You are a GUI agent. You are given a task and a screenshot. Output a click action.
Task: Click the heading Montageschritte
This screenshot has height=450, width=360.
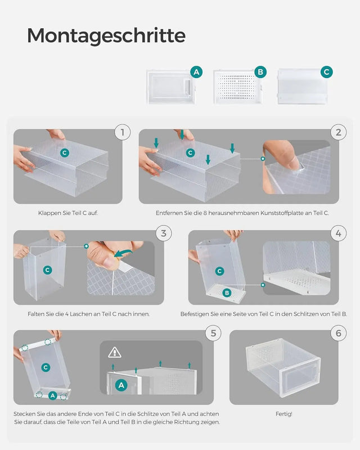tap(106, 35)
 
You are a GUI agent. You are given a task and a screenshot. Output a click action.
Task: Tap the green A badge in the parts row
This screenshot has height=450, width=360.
tap(196, 72)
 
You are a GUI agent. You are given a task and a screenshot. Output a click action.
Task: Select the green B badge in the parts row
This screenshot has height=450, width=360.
tap(260, 72)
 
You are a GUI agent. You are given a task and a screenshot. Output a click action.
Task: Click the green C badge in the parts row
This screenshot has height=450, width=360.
tap(326, 72)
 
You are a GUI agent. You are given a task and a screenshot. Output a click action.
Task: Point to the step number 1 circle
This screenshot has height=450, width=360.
tap(122, 133)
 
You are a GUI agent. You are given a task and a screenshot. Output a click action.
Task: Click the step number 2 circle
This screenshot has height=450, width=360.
tap(339, 133)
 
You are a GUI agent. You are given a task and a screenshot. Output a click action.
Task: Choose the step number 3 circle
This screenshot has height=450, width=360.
tap(163, 233)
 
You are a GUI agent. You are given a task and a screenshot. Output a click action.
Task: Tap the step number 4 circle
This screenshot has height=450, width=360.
tap(339, 233)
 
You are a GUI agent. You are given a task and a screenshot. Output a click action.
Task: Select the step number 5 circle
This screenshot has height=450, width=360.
tap(213, 333)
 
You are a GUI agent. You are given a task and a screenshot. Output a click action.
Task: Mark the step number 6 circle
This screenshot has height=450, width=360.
tap(338, 333)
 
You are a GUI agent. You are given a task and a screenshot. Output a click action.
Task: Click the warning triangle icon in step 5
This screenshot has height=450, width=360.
tap(115, 352)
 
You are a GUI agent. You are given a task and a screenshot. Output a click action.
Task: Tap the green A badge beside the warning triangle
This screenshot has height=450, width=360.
tap(121, 385)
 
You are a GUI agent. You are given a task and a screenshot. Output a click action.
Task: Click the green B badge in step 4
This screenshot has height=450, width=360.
tap(227, 293)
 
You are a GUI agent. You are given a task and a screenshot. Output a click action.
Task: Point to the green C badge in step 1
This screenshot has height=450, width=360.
tap(65, 152)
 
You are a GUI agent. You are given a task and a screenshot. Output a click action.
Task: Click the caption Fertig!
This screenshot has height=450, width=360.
tap(284, 413)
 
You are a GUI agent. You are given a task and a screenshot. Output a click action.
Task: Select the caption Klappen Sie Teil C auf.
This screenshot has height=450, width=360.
tap(68, 213)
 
